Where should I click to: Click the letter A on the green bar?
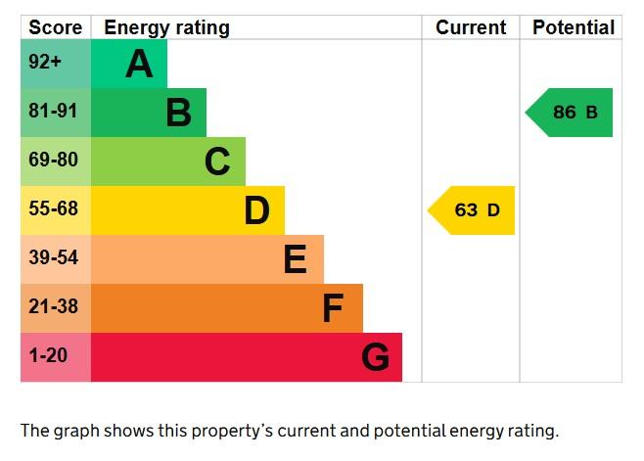[140, 65]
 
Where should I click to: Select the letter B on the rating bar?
[178, 113]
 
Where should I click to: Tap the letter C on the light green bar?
[217, 161]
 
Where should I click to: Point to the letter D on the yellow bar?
[256, 210]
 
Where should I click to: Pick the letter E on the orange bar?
[295, 259]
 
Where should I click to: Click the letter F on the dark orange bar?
[333, 308]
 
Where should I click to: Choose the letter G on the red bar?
[375, 357]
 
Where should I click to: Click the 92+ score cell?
[45, 64]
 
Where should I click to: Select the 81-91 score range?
[53, 112]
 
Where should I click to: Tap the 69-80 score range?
[53, 161]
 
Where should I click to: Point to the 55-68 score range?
[53, 209]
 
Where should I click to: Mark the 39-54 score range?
[53, 258]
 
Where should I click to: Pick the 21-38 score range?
[53, 307]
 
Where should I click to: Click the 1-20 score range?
[48, 356]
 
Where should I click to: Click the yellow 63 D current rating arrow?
[473, 210]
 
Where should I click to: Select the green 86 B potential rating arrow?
[571, 113]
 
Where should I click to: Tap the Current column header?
[471, 27]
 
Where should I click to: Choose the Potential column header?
[574, 27]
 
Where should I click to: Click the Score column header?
[55, 27]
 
